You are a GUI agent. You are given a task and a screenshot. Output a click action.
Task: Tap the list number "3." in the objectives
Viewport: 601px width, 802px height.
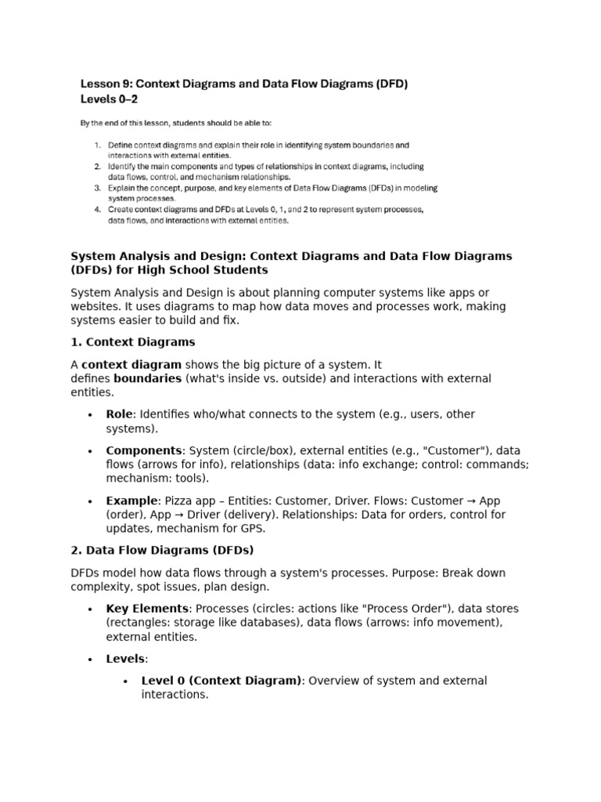click(x=98, y=188)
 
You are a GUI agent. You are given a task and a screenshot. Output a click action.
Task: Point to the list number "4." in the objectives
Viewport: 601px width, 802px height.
click(x=98, y=210)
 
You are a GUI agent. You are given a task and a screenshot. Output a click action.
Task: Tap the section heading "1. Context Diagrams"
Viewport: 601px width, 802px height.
click(x=133, y=342)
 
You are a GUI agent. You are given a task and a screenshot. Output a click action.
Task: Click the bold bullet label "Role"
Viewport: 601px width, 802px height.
click(x=120, y=414)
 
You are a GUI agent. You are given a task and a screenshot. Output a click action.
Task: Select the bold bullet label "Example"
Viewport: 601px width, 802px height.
click(x=130, y=500)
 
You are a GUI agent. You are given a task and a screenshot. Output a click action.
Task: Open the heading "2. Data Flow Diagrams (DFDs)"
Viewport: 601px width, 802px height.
click(x=162, y=550)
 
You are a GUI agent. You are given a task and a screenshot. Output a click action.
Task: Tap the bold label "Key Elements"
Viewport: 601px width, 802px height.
click(x=147, y=609)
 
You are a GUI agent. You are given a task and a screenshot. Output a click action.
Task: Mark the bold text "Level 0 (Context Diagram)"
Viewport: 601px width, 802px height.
click(x=221, y=681)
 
